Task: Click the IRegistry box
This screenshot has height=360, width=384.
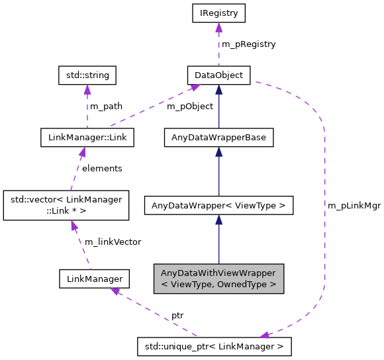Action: pyautogui.click(x=218, y=13)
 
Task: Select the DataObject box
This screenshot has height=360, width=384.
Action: pyautogui.click(x=218, y=75)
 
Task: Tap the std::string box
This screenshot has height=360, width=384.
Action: pyautogui.click(x=87, y=75)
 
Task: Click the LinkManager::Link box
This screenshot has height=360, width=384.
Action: pyautogui.click(x=87, y=138)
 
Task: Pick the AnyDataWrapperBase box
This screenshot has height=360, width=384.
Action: pyautogui.click(x=218, y=138)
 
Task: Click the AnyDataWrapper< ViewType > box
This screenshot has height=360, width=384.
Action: pyautogui.click(x=218, y=206)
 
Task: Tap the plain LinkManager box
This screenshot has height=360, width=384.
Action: pyautogui.click(x=93, y=279)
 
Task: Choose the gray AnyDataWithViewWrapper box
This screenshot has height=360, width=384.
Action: pyautogui.click(x=218, y=279)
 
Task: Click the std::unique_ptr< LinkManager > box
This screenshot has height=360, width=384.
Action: pyautogui.click(x=214, y=346)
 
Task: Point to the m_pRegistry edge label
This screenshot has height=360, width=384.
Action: pyautogui.click(x=248, y=44)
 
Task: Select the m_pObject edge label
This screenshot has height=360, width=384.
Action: pyautogui.click(x=190, y=106)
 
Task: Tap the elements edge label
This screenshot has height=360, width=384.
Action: pyautogui.click(x=102, y=168)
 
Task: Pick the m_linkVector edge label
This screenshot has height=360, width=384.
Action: pyautogui.click(x=113, y=242)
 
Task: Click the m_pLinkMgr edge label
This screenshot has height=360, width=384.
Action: pyautogui.click(x=354, y=206)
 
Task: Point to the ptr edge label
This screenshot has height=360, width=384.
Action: pyautogui.click(x=177, y=315)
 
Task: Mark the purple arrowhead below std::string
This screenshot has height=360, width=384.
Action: pyautogui.click(x=87, y=89)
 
